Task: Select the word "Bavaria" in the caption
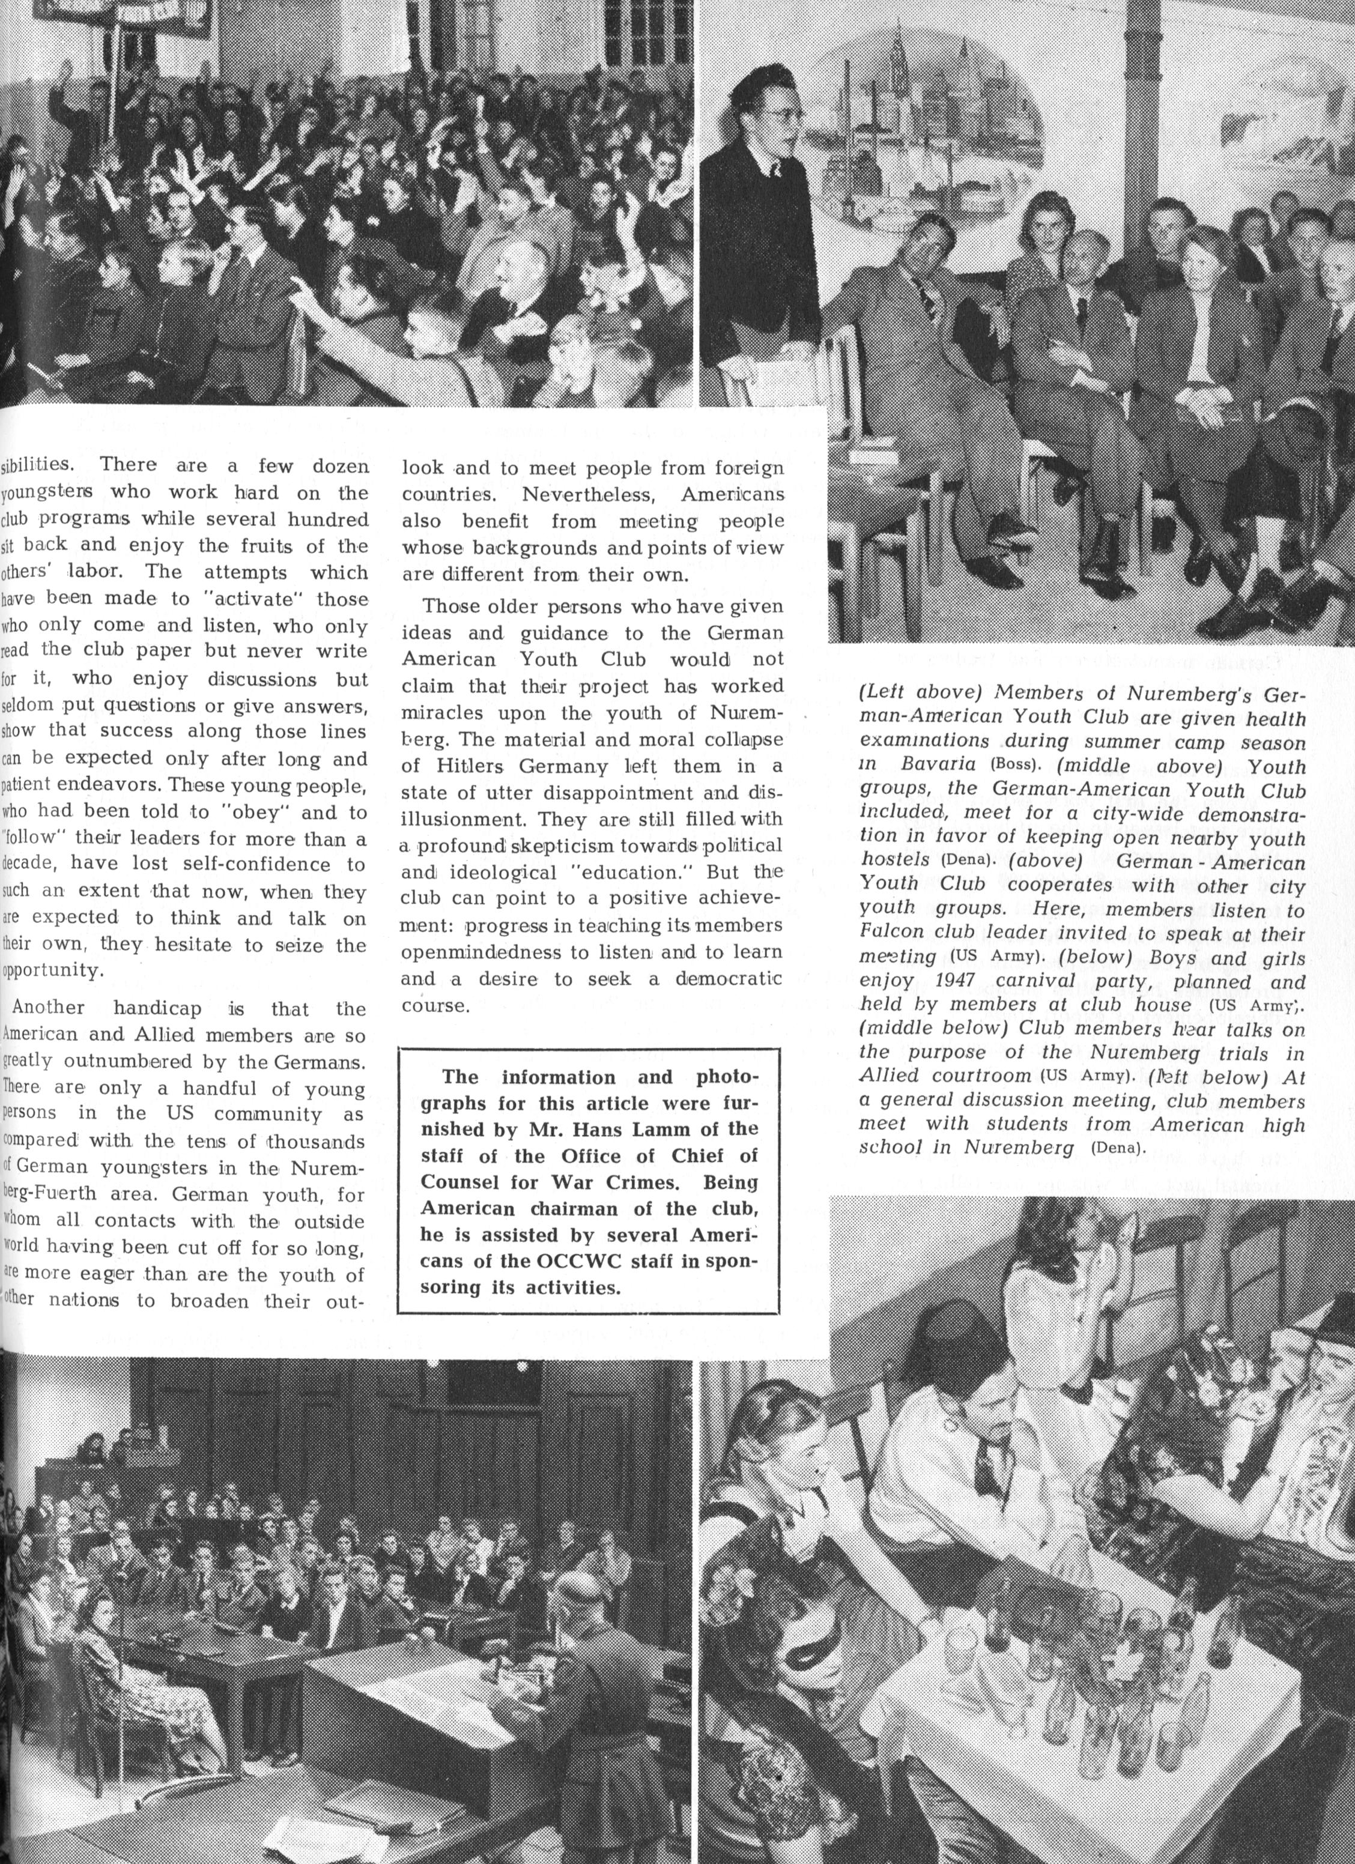point(941,763)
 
